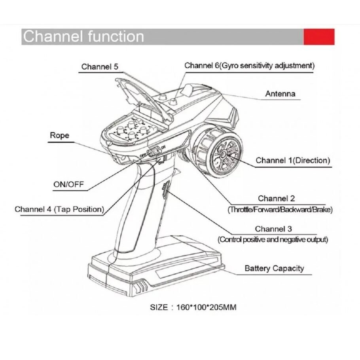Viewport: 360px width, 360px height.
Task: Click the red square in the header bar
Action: [319, 37]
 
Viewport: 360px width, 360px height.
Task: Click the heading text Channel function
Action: [83, 36]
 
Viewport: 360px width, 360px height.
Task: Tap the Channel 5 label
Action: [100, 66]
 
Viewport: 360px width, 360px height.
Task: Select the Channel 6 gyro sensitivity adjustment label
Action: [249, 65]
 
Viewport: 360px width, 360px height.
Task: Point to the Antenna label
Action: [280, 94]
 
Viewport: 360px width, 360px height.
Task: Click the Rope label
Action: [59, 135]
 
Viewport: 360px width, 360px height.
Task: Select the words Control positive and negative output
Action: [273, 239]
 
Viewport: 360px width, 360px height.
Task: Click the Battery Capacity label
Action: [274, 268]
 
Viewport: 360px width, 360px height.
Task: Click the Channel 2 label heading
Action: [276, 198]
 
